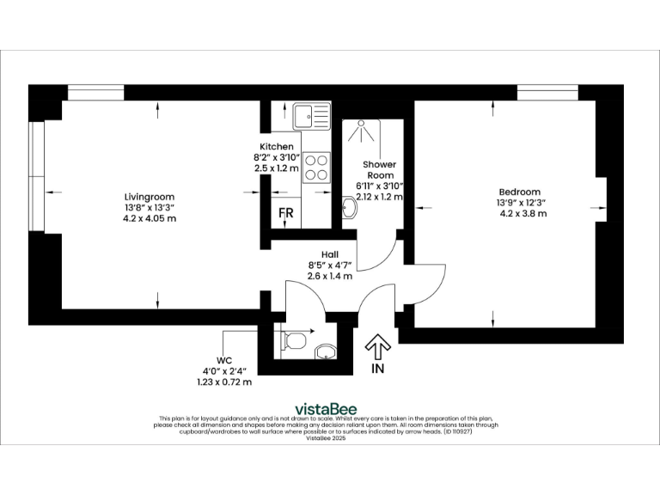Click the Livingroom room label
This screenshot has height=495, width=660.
(150, 196)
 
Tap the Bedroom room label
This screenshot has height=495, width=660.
(519, 192)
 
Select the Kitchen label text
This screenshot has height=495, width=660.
(276, 147)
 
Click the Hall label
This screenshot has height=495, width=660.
(329, 254)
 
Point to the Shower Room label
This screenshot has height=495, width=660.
(378, 169)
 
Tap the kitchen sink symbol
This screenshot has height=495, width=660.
(310, 115)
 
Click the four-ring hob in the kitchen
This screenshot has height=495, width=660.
(316, 166)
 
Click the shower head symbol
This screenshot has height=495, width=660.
(361, 131)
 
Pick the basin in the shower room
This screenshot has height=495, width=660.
(349, 209)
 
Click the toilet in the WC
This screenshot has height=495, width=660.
(294, 339)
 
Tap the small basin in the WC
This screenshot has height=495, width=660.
(326, 351)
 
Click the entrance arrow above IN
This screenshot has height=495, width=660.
(377, 346)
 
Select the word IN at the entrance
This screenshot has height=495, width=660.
(377, 368)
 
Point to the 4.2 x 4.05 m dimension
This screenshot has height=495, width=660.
(150, 218)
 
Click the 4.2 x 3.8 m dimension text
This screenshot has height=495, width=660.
(522, 213)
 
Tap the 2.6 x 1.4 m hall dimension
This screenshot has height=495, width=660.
(329, 276)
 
